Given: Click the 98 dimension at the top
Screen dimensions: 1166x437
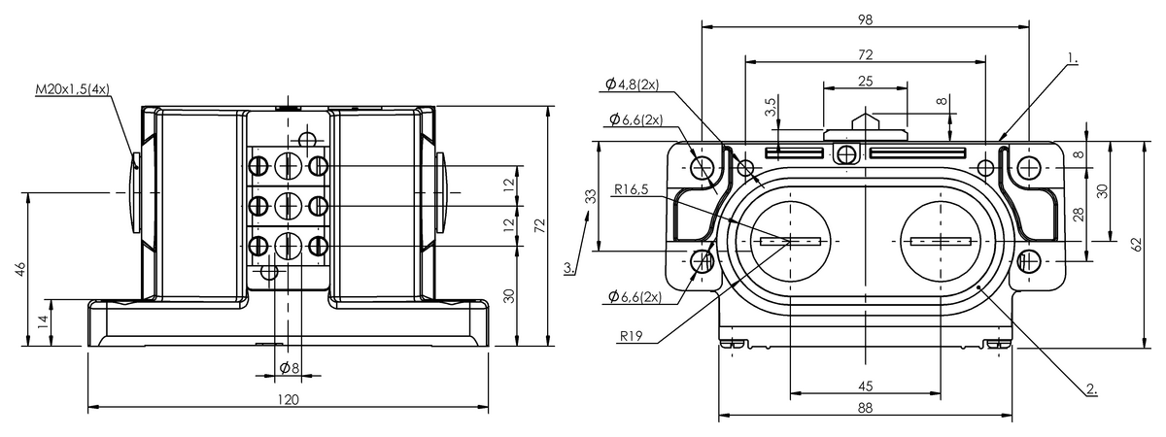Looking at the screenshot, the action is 865,19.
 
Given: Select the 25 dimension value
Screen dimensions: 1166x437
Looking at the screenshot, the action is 865,82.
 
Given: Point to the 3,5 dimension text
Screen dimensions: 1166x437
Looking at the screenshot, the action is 772,107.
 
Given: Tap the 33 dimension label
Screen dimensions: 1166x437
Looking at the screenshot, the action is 591,196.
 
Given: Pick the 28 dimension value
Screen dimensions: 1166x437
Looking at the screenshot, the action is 1080,215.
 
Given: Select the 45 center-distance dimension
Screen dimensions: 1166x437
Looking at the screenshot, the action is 865,387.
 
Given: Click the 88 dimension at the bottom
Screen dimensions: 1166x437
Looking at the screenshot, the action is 865,408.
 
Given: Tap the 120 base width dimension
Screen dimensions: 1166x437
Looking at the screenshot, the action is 288,399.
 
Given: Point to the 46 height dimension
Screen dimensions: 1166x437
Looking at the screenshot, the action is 19,269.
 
